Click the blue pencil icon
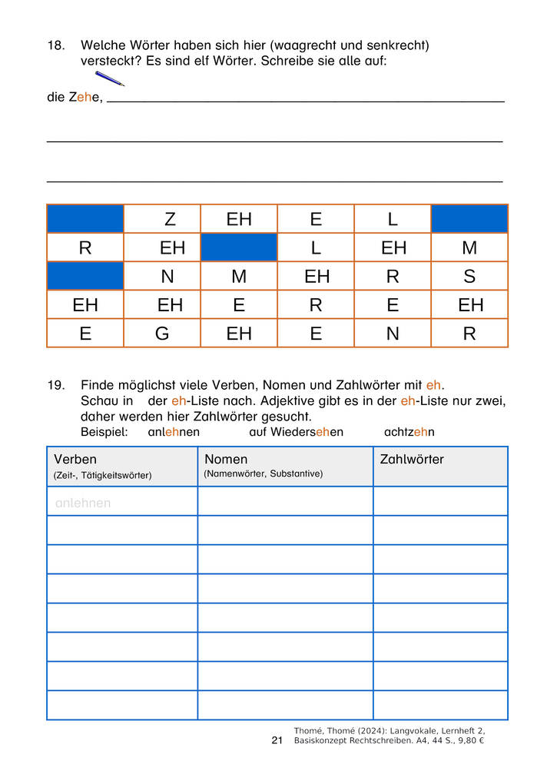(x=109, y=78)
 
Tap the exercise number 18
(x=56, y=46)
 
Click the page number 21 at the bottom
(x=277, y=740)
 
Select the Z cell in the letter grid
(x=170, y=219)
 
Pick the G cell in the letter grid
(x=162, y=334)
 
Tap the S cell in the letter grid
(x=469, y=277)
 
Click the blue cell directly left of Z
(x=85, y=219)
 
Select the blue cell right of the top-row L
(x=469, y=219)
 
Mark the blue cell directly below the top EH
(x=239, y=247)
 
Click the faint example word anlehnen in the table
(x=83, y=503)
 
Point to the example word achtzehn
(x=409, y=432)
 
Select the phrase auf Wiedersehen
(x=296, y=432)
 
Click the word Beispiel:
(x=104, y=432)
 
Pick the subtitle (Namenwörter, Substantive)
(x=263, y=474)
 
